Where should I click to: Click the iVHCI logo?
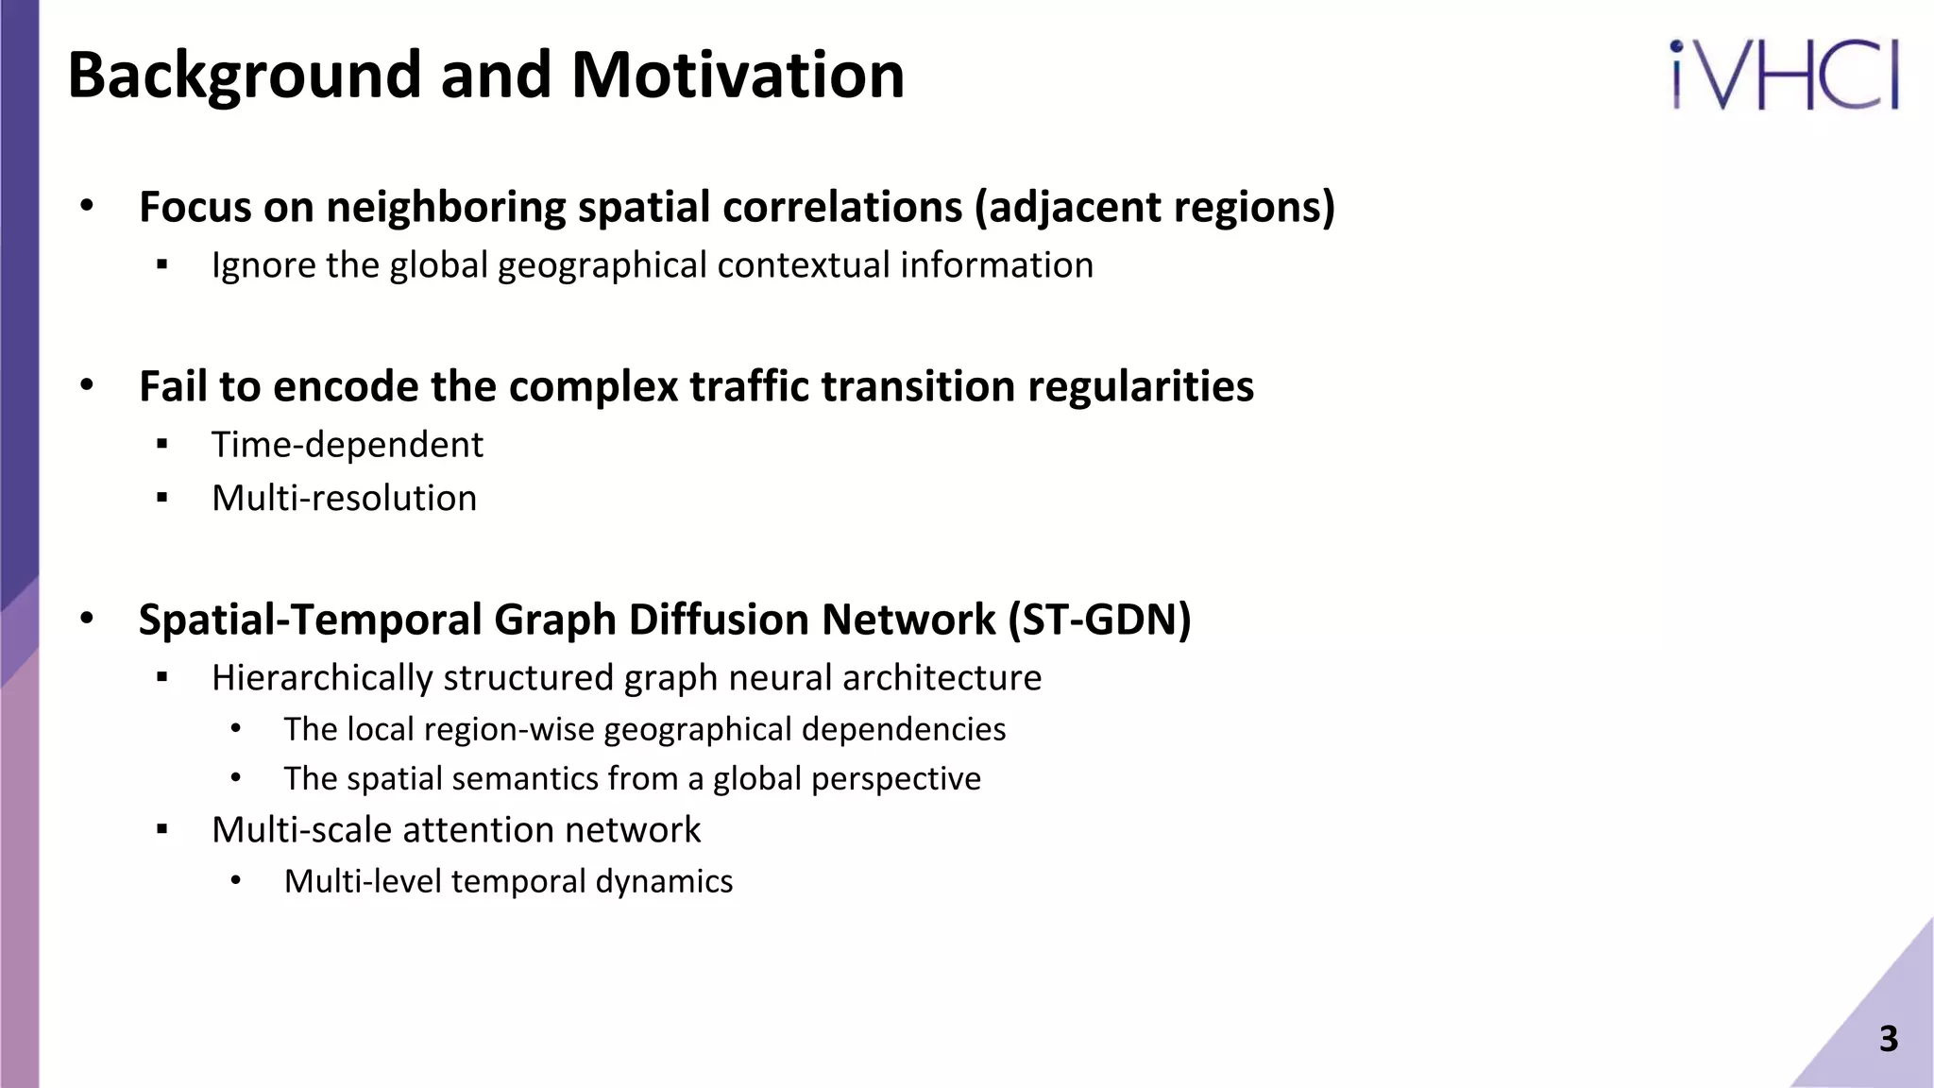click(1785, 76)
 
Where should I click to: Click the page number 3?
click(1888, 1039)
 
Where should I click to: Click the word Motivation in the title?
click(738, 76)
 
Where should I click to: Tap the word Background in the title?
click(245, 76)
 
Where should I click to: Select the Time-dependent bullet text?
click(347, 445)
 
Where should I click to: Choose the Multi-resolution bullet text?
click(344, 499)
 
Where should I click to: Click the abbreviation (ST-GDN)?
click(1099, 620)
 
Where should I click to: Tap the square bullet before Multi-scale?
click(162, 830)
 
